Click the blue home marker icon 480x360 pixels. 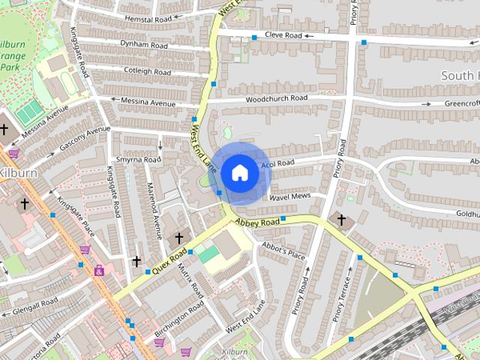[239, 173]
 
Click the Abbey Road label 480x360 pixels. [256, 222]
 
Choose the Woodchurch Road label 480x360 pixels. [277, 98]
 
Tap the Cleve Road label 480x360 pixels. [283, 35]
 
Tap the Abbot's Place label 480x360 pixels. [283, 250]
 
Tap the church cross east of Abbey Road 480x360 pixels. [341, 220]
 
